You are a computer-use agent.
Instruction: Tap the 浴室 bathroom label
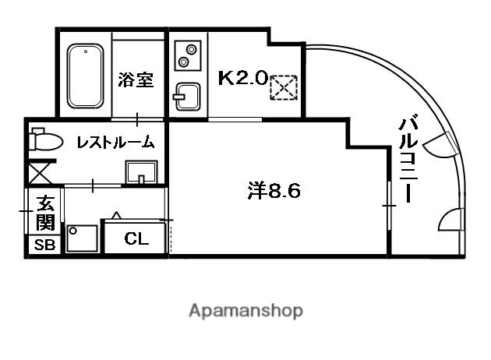coord(136,79)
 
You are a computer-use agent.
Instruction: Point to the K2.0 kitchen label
coord(242,78)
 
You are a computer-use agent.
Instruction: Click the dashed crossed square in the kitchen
coord(281,86)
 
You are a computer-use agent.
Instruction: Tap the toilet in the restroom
coord(46,141)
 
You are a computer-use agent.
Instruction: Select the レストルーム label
coord(115,143)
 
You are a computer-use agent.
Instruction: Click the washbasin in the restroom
coord(141,171)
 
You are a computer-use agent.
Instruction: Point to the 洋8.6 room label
coord(274,191)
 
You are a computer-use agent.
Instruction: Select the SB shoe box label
coord(42,245)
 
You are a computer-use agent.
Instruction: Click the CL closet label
coord(136,239)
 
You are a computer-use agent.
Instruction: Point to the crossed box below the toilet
coord(41,171)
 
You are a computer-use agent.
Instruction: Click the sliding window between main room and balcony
coord(387,204)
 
